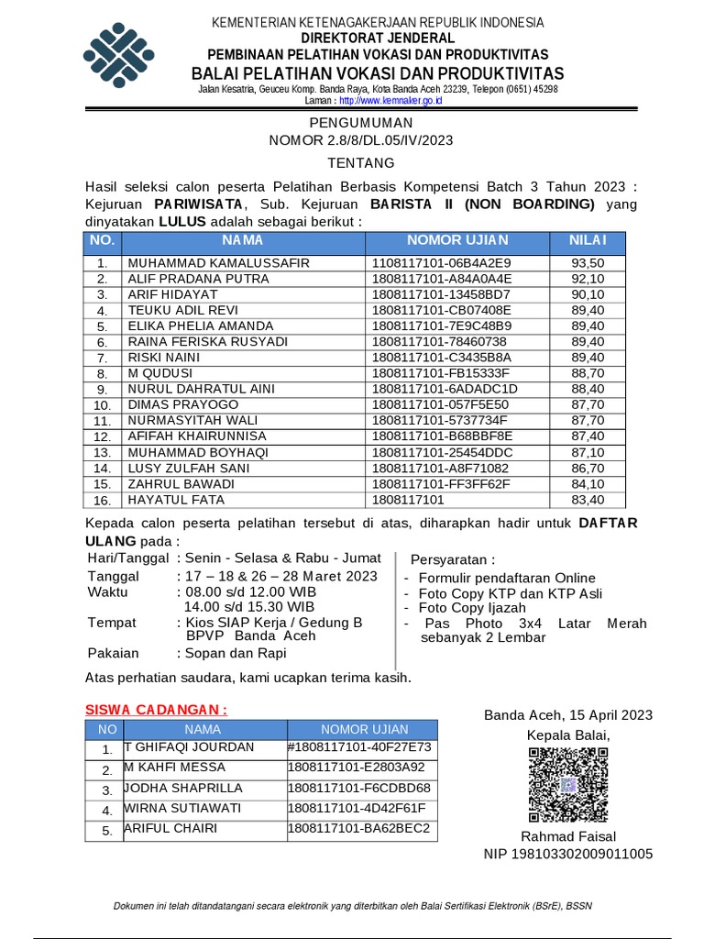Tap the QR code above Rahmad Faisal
tap(568, 785)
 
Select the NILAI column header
tap(588, 240)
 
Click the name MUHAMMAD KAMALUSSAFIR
tap(218, 263)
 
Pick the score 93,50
tap(588, 263)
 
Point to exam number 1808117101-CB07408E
tap(441, 311)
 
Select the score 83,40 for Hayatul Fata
tap(588, 500)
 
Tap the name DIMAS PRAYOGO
tap(182, 405)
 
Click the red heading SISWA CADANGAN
tap(156, 710)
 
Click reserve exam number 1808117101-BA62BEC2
tap(358, 829)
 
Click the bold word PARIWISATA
tap(197, 203)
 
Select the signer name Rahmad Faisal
tap(568, 836)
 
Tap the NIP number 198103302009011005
tap(568, 854)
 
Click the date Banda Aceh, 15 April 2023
tap(568, 715)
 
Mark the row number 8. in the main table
tap(103, 374)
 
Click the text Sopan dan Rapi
tap(236, 653)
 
